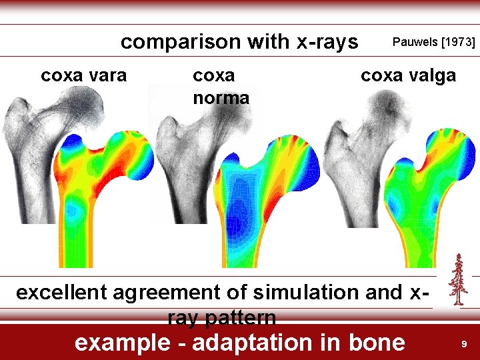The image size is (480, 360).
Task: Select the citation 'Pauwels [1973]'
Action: (x=434, y=42)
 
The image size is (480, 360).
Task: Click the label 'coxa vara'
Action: (x=83, y=75)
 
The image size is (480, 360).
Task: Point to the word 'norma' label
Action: (x=221, y=98)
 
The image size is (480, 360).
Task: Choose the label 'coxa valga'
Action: (x=408, y=75)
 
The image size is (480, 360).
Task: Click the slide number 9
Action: (x=464, y=344)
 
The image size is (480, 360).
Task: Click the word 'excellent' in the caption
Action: (x=61, y=293)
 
